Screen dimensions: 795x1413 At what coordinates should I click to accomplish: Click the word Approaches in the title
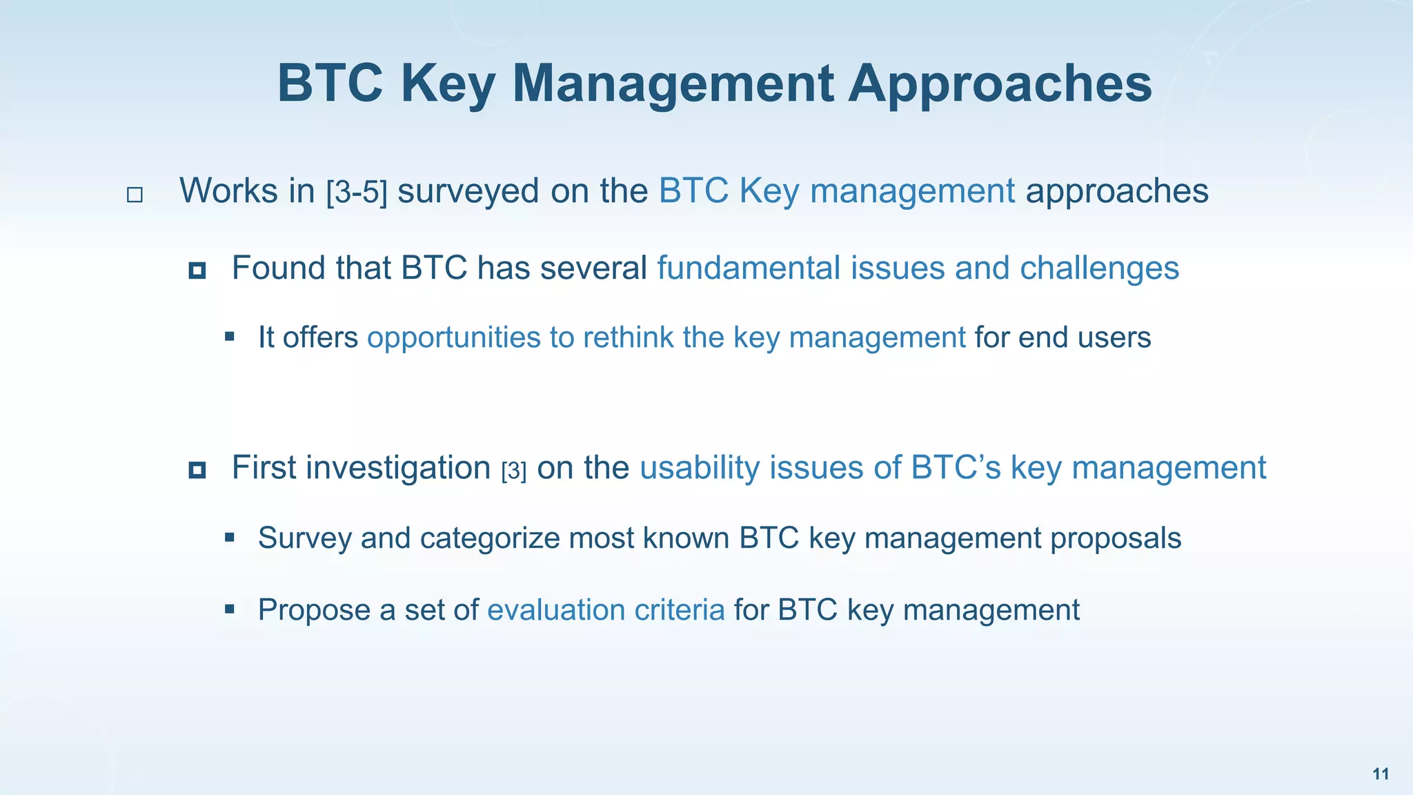click(x=1000, y=84)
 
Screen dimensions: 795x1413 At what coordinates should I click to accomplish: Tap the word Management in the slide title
click(x=673, y=84)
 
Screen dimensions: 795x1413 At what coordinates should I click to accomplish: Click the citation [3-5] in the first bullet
click(x=357, y=192)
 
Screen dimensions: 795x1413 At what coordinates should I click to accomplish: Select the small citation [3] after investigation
click(x=514, y=471)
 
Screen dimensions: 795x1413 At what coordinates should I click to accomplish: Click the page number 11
click(x=1381, y=774)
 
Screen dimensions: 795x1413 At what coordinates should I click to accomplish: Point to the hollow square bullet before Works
click(x=135, y=195)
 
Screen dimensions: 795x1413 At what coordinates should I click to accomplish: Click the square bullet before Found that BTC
click(x=197, y=271)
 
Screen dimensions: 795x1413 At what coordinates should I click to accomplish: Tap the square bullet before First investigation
click(x=197, y=471)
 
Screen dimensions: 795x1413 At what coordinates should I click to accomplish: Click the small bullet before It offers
click(x=230, y=337)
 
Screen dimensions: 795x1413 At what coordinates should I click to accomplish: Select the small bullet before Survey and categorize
click(x=230, y=538)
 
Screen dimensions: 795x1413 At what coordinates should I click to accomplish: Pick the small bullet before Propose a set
click(x=230, y=609)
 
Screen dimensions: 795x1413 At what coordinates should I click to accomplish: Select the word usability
click(x=700, y=468)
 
